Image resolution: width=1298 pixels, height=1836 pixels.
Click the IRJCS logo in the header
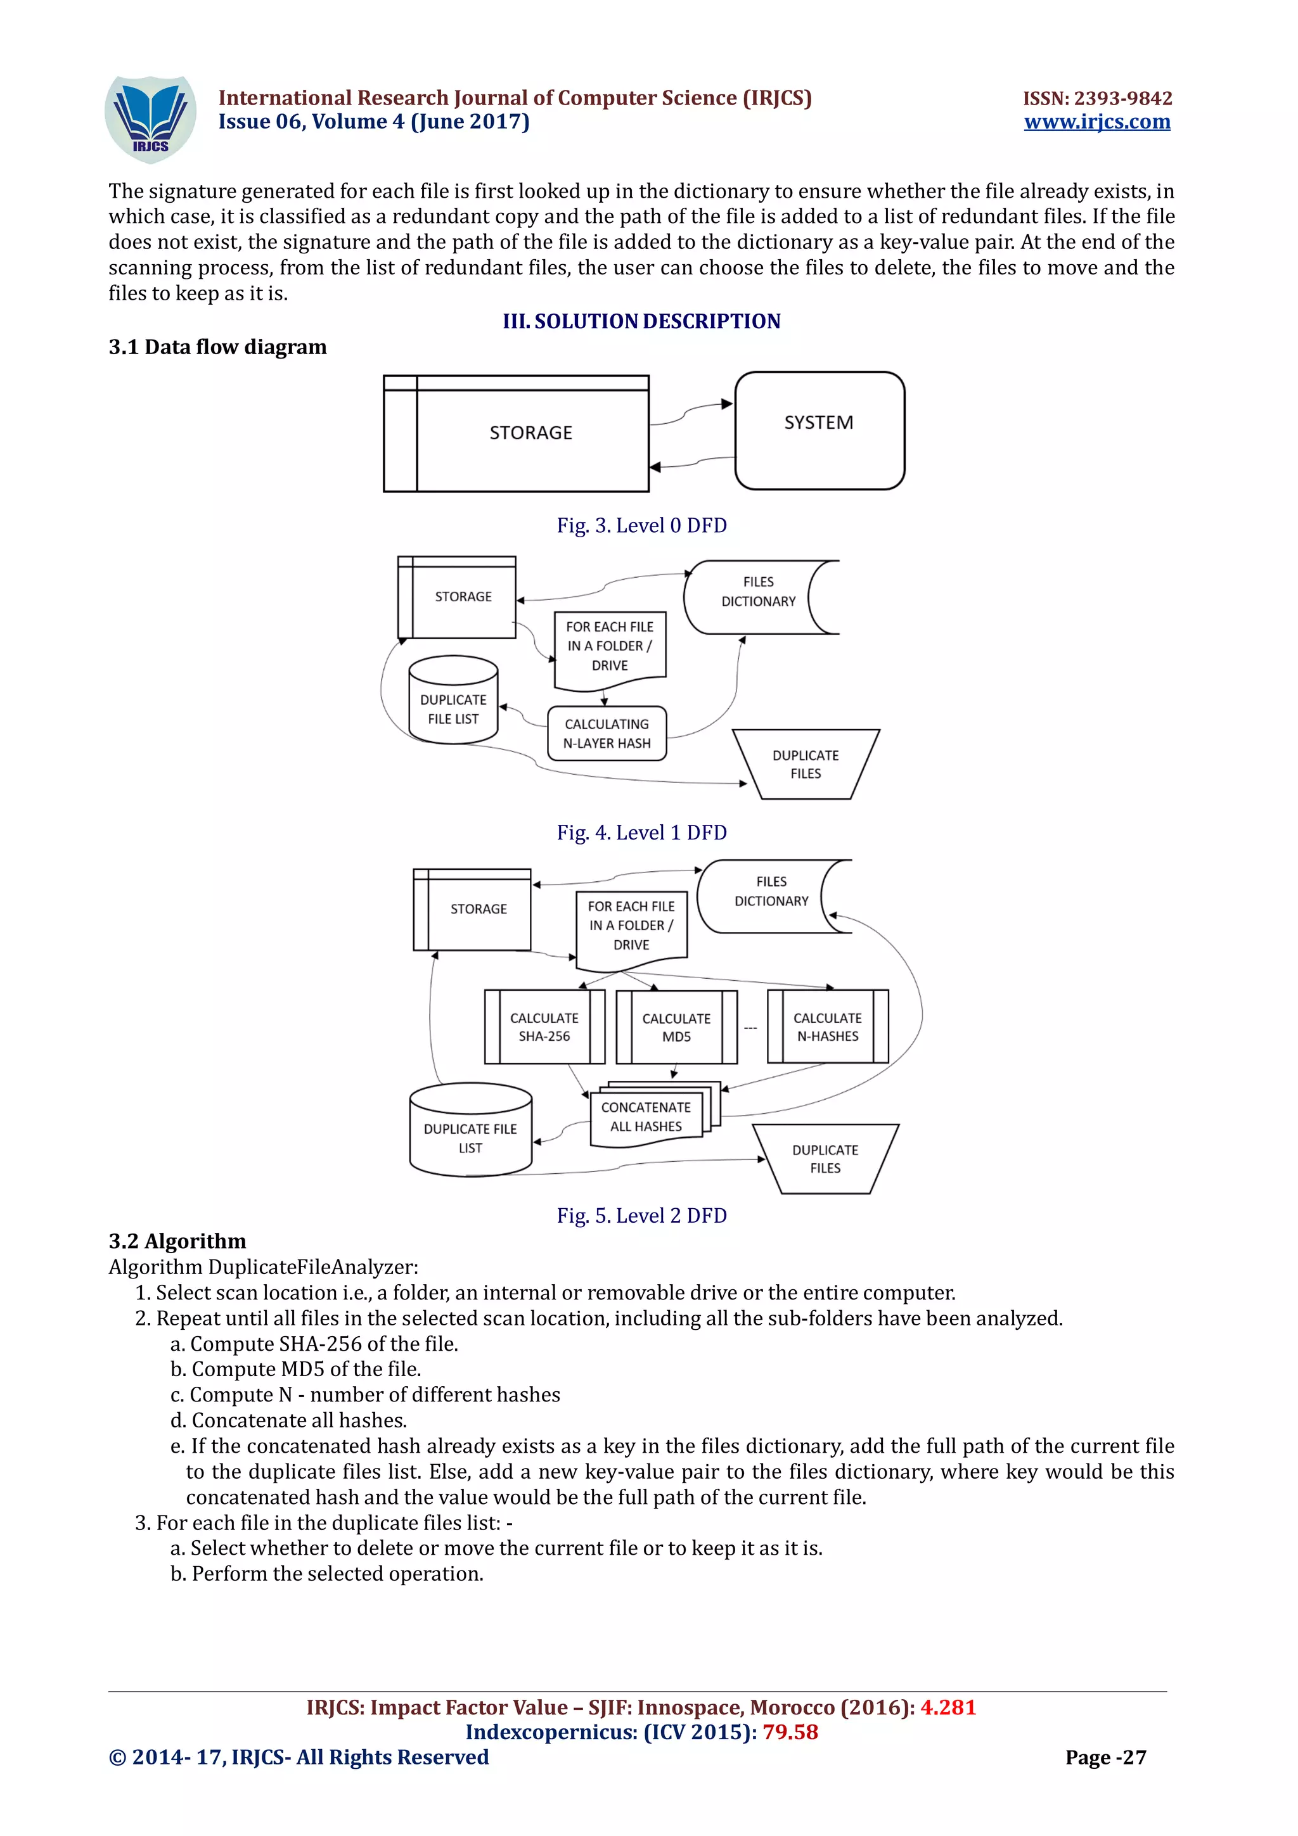pyautogui.click(x=150, y=119)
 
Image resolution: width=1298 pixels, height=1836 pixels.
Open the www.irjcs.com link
pyautogui.click(x=1096, y=122)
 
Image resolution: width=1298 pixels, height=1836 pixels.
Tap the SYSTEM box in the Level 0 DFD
pyautogui.click(x=819, y=430)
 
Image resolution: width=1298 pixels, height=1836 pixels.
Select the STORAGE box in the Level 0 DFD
pyautogui.click(x=531, y=433)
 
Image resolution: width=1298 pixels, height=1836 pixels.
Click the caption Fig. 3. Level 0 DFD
pyautogui.click(x=641, y=525)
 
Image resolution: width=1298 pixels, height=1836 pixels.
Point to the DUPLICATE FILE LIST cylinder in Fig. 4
pyautogui.click(x=453, y=701)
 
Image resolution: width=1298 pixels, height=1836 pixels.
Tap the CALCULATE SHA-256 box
pyautogui.click(x=544, y=1027)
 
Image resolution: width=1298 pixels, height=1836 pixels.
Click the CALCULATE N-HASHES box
pyautogui.click(x=827, y=1027)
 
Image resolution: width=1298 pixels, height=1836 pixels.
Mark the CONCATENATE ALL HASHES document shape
pyautogui.click(x=646, y=1117)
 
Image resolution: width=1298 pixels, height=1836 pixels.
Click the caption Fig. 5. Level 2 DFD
pyautogui.click(x=641, y=1216)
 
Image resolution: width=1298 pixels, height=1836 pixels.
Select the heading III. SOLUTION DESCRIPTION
pyautogui.click(x=641, y=321)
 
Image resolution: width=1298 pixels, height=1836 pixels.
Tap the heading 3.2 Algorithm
pyautogui.click(x=177, y=1241)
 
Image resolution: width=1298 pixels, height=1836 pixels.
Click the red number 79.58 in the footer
pyautogui.click(x=790, y=1732)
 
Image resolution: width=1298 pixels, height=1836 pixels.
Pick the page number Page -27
pyautogui.click(x=1105, y=1757)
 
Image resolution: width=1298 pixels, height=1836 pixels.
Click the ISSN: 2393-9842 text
pyautogui.click(x=1097, y=98)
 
